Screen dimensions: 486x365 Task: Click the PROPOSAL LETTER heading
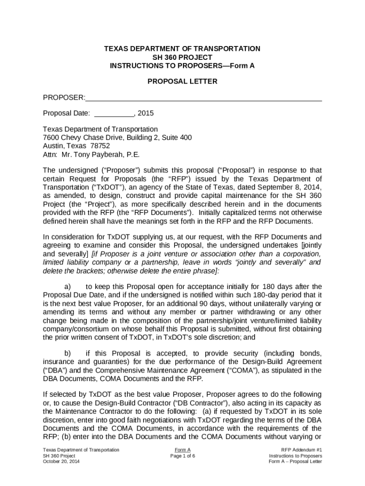click(182, 81)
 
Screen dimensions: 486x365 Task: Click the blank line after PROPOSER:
click(204, 98)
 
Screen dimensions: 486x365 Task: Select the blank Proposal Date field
click(114, 113)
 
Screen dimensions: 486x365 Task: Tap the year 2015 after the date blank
click(146, 113)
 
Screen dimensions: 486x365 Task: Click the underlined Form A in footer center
click(182, 449)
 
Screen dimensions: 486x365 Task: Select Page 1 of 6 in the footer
click(182, 456)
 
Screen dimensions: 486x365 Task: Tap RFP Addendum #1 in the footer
click(301, 449)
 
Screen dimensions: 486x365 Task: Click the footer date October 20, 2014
click(60, 462)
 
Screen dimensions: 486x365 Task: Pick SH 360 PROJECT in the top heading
click(182, 57)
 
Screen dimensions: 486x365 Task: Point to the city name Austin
click(53, 146)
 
